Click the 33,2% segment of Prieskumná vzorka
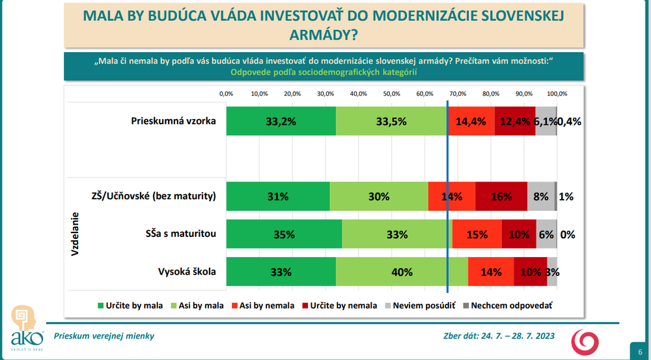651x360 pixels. point(281,120)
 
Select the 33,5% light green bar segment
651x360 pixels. point(391,120)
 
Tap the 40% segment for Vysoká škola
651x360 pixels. point(402,271)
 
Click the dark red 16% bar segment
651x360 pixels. point(501,196)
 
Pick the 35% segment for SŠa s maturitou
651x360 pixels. point(284,234)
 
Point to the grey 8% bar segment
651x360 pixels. point(540,196)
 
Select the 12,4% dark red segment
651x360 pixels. point(515,120)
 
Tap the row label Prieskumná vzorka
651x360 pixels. point(173,120)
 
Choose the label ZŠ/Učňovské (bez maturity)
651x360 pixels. point(154,196)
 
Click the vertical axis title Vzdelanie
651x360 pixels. point(74,234)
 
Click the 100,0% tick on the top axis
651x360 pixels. point(557,94)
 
